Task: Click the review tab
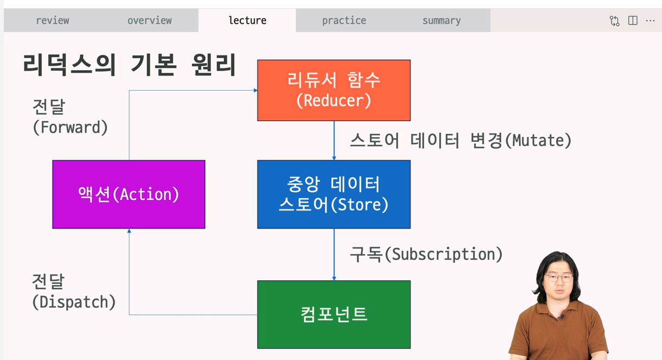tap(53, 21)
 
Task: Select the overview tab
tap(149, 21)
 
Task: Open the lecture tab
tap(247, 21)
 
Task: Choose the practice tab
tap(344, 21)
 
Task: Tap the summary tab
tap(441, 21)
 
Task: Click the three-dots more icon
tap(650, 21)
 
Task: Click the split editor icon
tap(633, 21)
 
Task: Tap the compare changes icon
tap(615, 21)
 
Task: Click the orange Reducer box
tap(333, 90)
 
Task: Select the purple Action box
tap(129, 194)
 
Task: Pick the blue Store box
tap(333, 194)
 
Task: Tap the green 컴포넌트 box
tap(333, 314)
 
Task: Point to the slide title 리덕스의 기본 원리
tap(129, 66)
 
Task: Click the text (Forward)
tap(70, 128)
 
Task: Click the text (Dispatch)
tap(74, 302)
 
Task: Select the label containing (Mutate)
tap(461, 141)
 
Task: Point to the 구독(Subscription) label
tap(426, 254)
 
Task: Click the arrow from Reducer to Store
tap(334, 140)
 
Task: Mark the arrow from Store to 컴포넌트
tap(334, 254)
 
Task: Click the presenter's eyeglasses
tap(559, 278)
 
